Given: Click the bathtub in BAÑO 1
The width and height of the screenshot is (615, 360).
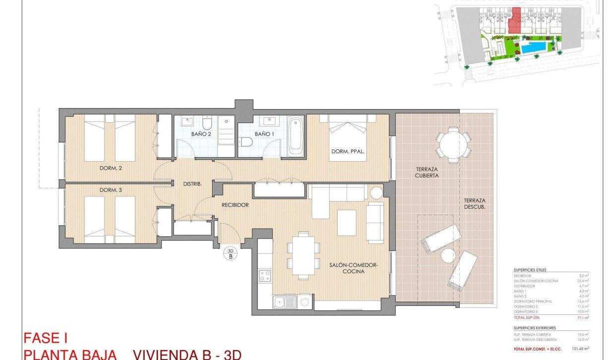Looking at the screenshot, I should point(296,135).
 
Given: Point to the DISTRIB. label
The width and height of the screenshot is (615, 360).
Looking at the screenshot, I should point(192,184).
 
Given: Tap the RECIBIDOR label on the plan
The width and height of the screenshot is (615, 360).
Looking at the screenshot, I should point(235,204).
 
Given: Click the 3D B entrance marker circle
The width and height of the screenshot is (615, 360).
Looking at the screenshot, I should point(230,254).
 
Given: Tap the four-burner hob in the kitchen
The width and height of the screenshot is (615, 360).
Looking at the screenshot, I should point(265,275).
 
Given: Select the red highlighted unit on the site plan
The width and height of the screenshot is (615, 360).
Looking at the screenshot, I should point(516,20).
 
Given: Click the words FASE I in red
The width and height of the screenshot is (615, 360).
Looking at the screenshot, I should point(46,339).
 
